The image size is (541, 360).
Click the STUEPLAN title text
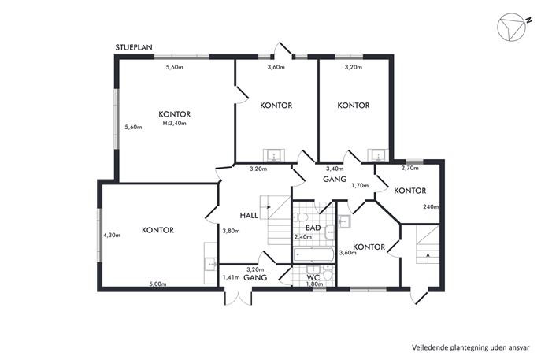pyautogui.click(x=134, y=47)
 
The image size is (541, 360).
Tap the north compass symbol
pyautogui.click(x=513, y=27)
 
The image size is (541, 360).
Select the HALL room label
pyautogui.click(x=249, y=216)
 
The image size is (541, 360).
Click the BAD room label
pyautogui.click(x=313, y=228)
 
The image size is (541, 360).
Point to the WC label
pyautogui.click(x=313, y=277)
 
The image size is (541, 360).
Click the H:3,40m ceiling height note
pyautogui.click(x=174, y=123)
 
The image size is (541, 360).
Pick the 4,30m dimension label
pyautogui.click(x=112, y=236)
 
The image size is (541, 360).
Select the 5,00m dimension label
pyautogui.click(x=157, y=284)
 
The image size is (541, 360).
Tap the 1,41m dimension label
pyautogui.click(x=231, y=277)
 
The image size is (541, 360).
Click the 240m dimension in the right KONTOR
pyautogui.click(x=431, y=206)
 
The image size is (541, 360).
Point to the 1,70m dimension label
pyautogui.click(x=360, y=185)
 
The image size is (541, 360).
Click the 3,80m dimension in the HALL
pyautogui.click(x=231, y=231)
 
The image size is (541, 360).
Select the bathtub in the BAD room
pyautogui.click(x=313, y=254)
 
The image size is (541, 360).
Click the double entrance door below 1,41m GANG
pyautogui.click(x=239, y=297)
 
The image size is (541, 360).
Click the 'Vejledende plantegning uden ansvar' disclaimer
pyautogui.click(x=470, y=347)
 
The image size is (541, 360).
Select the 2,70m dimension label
pyautogui.click(x=410, y=168)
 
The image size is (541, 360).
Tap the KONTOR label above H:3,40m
pyautogui.click(x=174, y=114)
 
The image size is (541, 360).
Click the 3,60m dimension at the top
pyautogui.click(x=276, y=67)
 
